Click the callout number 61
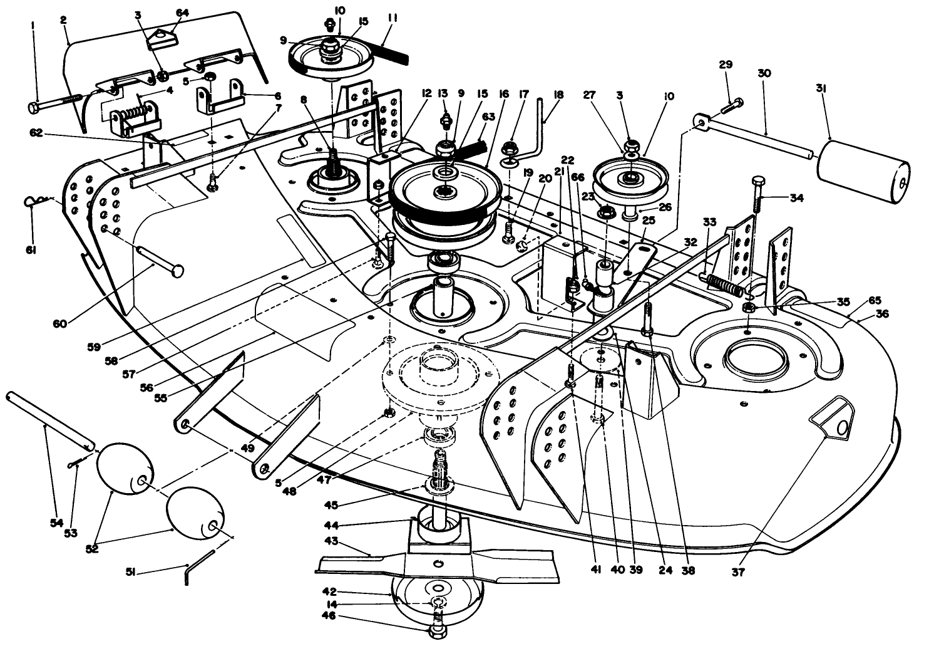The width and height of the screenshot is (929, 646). point(31,249)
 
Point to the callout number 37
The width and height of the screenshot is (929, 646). point(739,571)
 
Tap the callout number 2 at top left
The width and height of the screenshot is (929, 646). point(63,19)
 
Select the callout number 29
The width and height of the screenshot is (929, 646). point(726,65)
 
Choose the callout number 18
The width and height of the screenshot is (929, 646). point(558,95)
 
